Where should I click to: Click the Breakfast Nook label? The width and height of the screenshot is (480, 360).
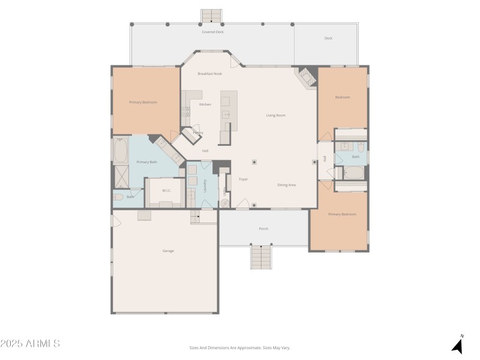tap(210, 74)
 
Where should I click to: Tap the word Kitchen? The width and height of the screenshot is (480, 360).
tap(205, 104)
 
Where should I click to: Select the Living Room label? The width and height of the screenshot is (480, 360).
tap(275, 115)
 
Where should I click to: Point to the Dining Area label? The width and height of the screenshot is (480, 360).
tap(286, 185)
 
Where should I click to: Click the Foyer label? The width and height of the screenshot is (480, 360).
tap(244, 179)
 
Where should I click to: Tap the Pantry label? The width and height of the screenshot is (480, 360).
tap(197, 133)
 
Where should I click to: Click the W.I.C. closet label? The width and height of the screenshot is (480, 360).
tap(167, 191)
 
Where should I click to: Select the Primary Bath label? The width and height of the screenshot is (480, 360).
tap(146, 162)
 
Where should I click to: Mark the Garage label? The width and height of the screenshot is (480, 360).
tap(168, 251)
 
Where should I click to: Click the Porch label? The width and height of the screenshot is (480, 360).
tap(263, 229)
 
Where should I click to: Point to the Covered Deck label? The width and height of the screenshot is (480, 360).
tap(212, 32)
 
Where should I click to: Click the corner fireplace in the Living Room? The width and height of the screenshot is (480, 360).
tap(307, 77)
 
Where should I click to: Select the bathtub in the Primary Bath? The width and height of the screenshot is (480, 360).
tap(121, 151)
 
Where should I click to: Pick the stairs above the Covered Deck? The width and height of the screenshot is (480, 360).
tap(211, 15)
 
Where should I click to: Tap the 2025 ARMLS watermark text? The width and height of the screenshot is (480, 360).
tap(30, 344)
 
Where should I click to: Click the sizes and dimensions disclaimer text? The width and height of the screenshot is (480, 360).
tap(239, 347)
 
